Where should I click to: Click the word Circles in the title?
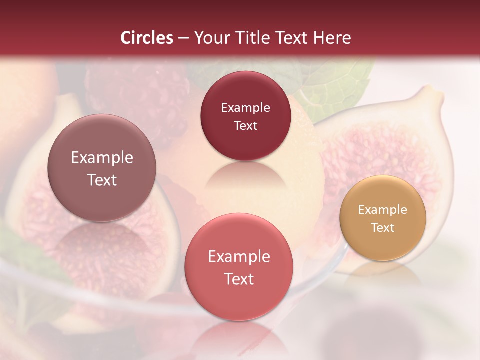[146, 38]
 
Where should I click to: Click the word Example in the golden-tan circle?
[383, 210]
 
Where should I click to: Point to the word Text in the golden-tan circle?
[383, 228]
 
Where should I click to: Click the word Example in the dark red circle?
[245, 107]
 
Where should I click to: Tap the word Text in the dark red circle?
[245, 125]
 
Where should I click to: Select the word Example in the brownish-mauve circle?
[102, 158]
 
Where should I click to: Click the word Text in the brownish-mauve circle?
[102, 180]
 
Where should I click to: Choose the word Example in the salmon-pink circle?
[239, 256]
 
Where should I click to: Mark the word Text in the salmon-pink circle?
[239, 279]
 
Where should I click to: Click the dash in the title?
[183, 38]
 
